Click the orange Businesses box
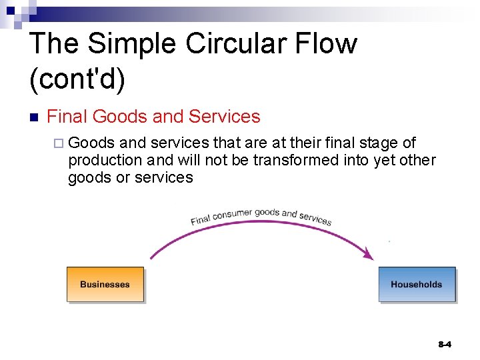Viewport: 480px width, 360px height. pos(105,285)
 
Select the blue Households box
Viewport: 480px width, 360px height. pos(417,285)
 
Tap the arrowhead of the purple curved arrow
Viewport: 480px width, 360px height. pos(367,253)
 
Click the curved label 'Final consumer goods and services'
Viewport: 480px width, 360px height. pos(261,217)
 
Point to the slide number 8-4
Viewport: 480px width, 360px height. pos(445,345)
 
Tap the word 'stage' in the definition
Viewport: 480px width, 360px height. pos(383,143)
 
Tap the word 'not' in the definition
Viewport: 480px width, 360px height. pos(213,161)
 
